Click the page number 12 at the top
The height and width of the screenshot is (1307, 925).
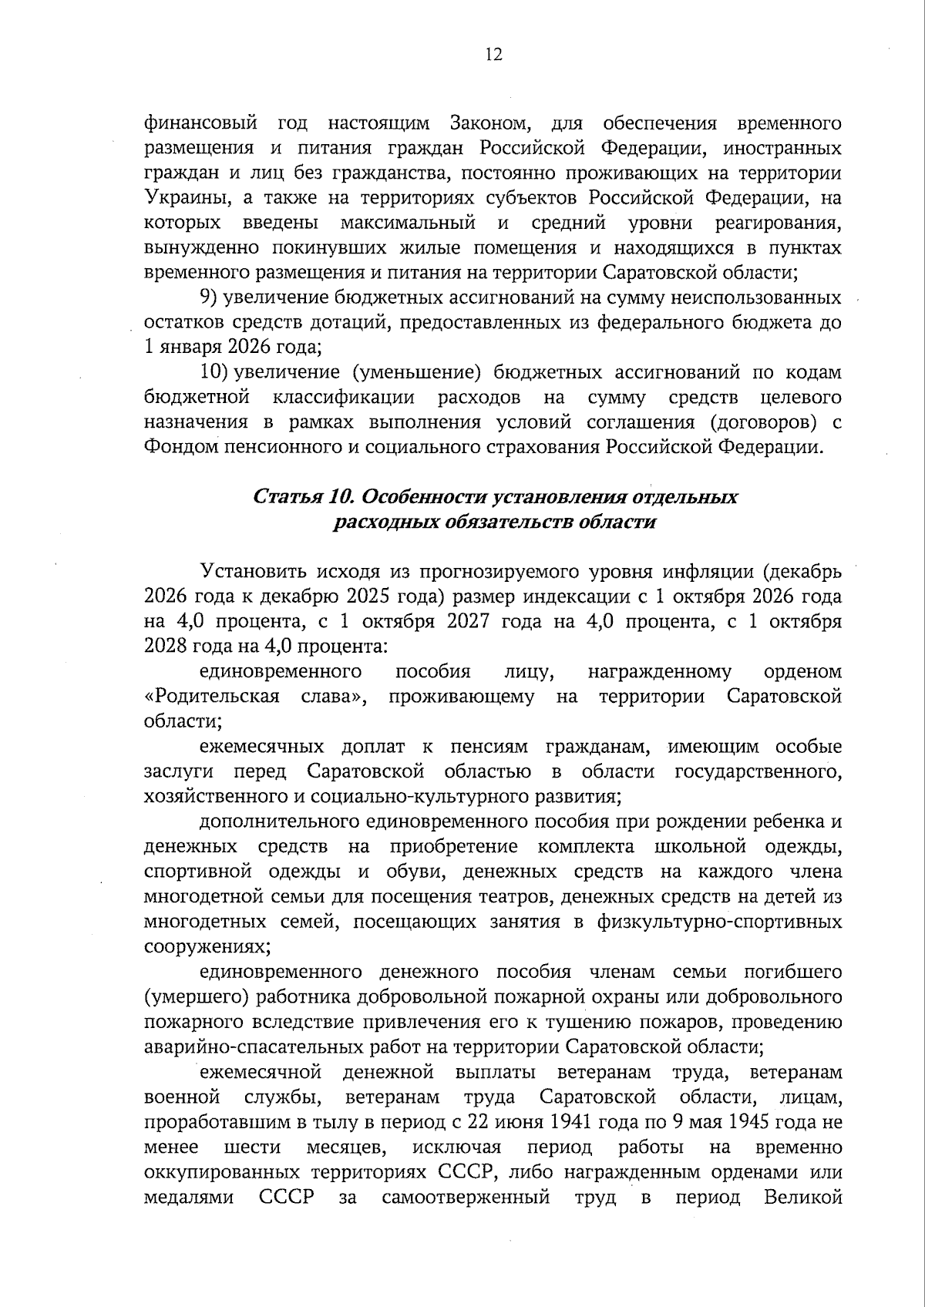pyautogui.click(x=494, y=54)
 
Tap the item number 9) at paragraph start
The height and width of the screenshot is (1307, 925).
pyautogui.click(x=209, y=297)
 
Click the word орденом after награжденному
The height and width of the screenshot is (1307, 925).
pyautogui.click(x=802, y=672)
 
